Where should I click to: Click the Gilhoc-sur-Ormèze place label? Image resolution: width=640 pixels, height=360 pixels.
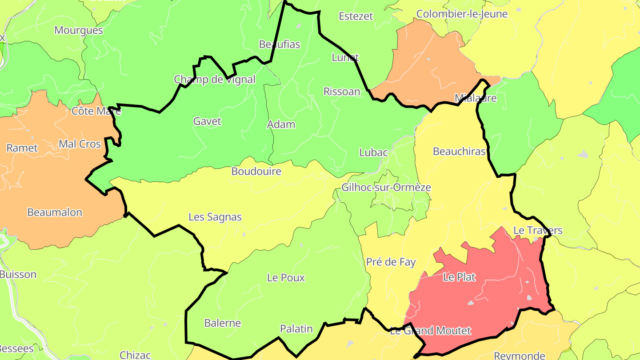(386, 187)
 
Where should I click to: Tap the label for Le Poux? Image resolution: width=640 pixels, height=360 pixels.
(286, 278)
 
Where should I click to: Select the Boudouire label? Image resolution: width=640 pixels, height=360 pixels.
(256, 171)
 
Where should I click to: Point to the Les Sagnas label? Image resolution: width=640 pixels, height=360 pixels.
(215, 217)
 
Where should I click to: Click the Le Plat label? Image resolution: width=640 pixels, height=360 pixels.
(459, 277)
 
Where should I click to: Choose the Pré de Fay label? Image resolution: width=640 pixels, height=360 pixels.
(391, 262)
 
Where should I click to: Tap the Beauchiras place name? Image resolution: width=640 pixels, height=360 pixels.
(459, 152)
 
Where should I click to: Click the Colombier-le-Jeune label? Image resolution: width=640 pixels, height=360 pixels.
(462, 14)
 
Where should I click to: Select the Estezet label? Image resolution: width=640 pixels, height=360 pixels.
(356, 16)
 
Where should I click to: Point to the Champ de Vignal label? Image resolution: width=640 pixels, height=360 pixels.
(215, 80)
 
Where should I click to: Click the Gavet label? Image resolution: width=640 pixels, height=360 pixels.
(207, 121)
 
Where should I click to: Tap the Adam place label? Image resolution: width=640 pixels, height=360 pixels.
(281, 124)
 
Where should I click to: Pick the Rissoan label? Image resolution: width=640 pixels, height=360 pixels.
(341, 92)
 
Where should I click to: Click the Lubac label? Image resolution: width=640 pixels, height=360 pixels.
(373, 152)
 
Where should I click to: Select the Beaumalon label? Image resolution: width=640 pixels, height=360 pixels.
(55, 212)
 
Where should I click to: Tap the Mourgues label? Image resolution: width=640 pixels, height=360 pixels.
(79, 30)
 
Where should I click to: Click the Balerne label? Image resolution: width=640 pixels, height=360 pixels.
(222, 323)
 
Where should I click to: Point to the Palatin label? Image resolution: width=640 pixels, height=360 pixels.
(296, 329)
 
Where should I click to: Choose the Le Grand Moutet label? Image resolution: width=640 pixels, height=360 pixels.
(430, 331)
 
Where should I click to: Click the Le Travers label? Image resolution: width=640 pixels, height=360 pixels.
(538, 230)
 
